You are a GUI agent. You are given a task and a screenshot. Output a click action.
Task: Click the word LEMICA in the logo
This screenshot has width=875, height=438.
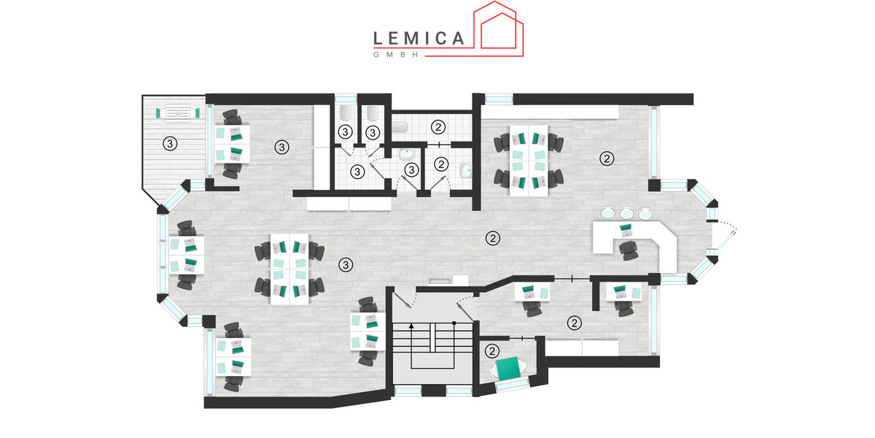click(x=419, y=38)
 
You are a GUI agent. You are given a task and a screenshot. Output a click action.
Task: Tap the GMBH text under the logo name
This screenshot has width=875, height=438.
click(x=396, y=55)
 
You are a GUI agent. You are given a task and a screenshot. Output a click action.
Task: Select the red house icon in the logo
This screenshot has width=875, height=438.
click(x=499, y=29)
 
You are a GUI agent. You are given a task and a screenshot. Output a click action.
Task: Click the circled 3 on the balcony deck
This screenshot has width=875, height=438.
click(x=170, y=144)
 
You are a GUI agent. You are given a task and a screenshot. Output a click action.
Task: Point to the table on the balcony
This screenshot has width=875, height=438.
click(x=178, y=112)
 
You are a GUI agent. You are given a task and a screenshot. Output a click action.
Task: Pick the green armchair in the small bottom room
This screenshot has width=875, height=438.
click(x=509, y=369)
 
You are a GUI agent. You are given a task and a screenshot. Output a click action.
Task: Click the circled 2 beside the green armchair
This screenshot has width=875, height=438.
click(x=492, y=351)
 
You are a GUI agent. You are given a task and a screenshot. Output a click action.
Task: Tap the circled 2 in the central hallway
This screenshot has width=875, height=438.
click(x=493, y=238)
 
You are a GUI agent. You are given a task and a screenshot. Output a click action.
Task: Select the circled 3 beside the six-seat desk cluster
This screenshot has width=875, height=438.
click(x=346, y=265)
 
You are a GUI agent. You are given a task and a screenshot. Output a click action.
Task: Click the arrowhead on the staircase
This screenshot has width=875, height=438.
click(x=411, y=326)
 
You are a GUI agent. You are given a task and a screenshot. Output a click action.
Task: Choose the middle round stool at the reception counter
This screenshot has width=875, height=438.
click(x=626, y=213)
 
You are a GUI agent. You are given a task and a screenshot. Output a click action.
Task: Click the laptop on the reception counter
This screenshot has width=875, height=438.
click(x=626, y=230)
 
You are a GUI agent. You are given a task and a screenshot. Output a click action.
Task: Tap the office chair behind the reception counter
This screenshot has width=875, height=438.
click(x=628, y=250)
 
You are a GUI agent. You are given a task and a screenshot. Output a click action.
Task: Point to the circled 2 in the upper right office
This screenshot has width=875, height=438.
click(x=607, y=158)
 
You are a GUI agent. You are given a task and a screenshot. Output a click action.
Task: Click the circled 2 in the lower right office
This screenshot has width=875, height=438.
click(x=575, y=323)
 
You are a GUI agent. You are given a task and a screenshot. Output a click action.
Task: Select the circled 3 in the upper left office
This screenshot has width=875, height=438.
click(x=281, y=147)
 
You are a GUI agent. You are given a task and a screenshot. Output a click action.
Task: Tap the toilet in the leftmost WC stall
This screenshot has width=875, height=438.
click(x=346, y=112)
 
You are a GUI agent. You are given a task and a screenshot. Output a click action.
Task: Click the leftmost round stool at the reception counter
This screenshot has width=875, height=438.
click(x=608, y=212)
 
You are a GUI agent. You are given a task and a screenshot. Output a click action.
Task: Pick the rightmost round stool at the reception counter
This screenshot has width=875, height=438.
click(x=645, y=213)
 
